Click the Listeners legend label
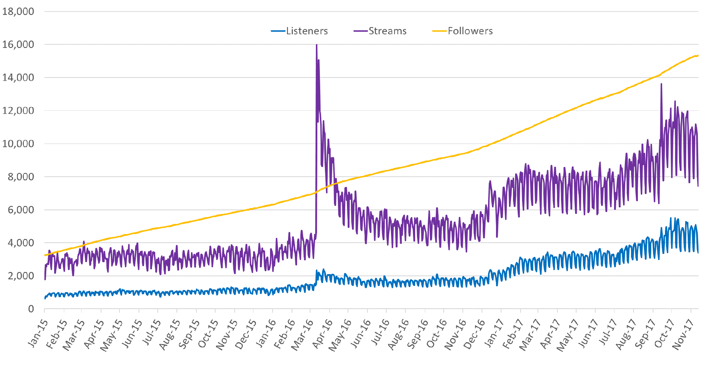pyautogui.click(x=307, y=31)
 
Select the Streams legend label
pyautogui.click(x=387, y=31)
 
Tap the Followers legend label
pyautogui.click(x=470, y=31)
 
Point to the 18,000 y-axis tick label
pyautogui.click(x=18, y=12)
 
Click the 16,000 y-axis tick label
pyautogui.click(x=18, y=44)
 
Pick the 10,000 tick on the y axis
pyautogui.click(x=18, y=144)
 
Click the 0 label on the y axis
pyautogui.click(x=31, y=309)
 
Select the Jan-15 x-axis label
pyautogui.click(x=38, y=333)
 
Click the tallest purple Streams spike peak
pyautogui.click(x=317, y=45)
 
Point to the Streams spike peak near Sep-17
pyautogui.click(x=661, y=84)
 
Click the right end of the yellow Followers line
pyautogui.click(x=698, y=56)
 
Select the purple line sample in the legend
pyautogui.click(x=360, y=31)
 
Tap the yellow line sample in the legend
pyautogui.click(x=439, y=31)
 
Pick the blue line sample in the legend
pyautogui.click(x=278, y=31)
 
